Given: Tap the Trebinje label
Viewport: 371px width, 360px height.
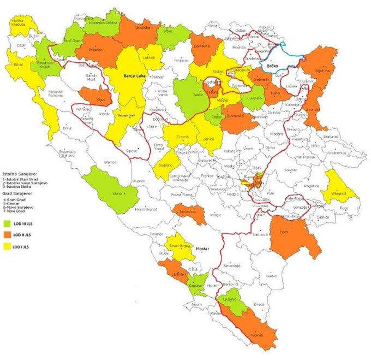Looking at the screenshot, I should tap(257, 334).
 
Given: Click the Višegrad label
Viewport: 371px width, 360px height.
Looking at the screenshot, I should tap(338, 193).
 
